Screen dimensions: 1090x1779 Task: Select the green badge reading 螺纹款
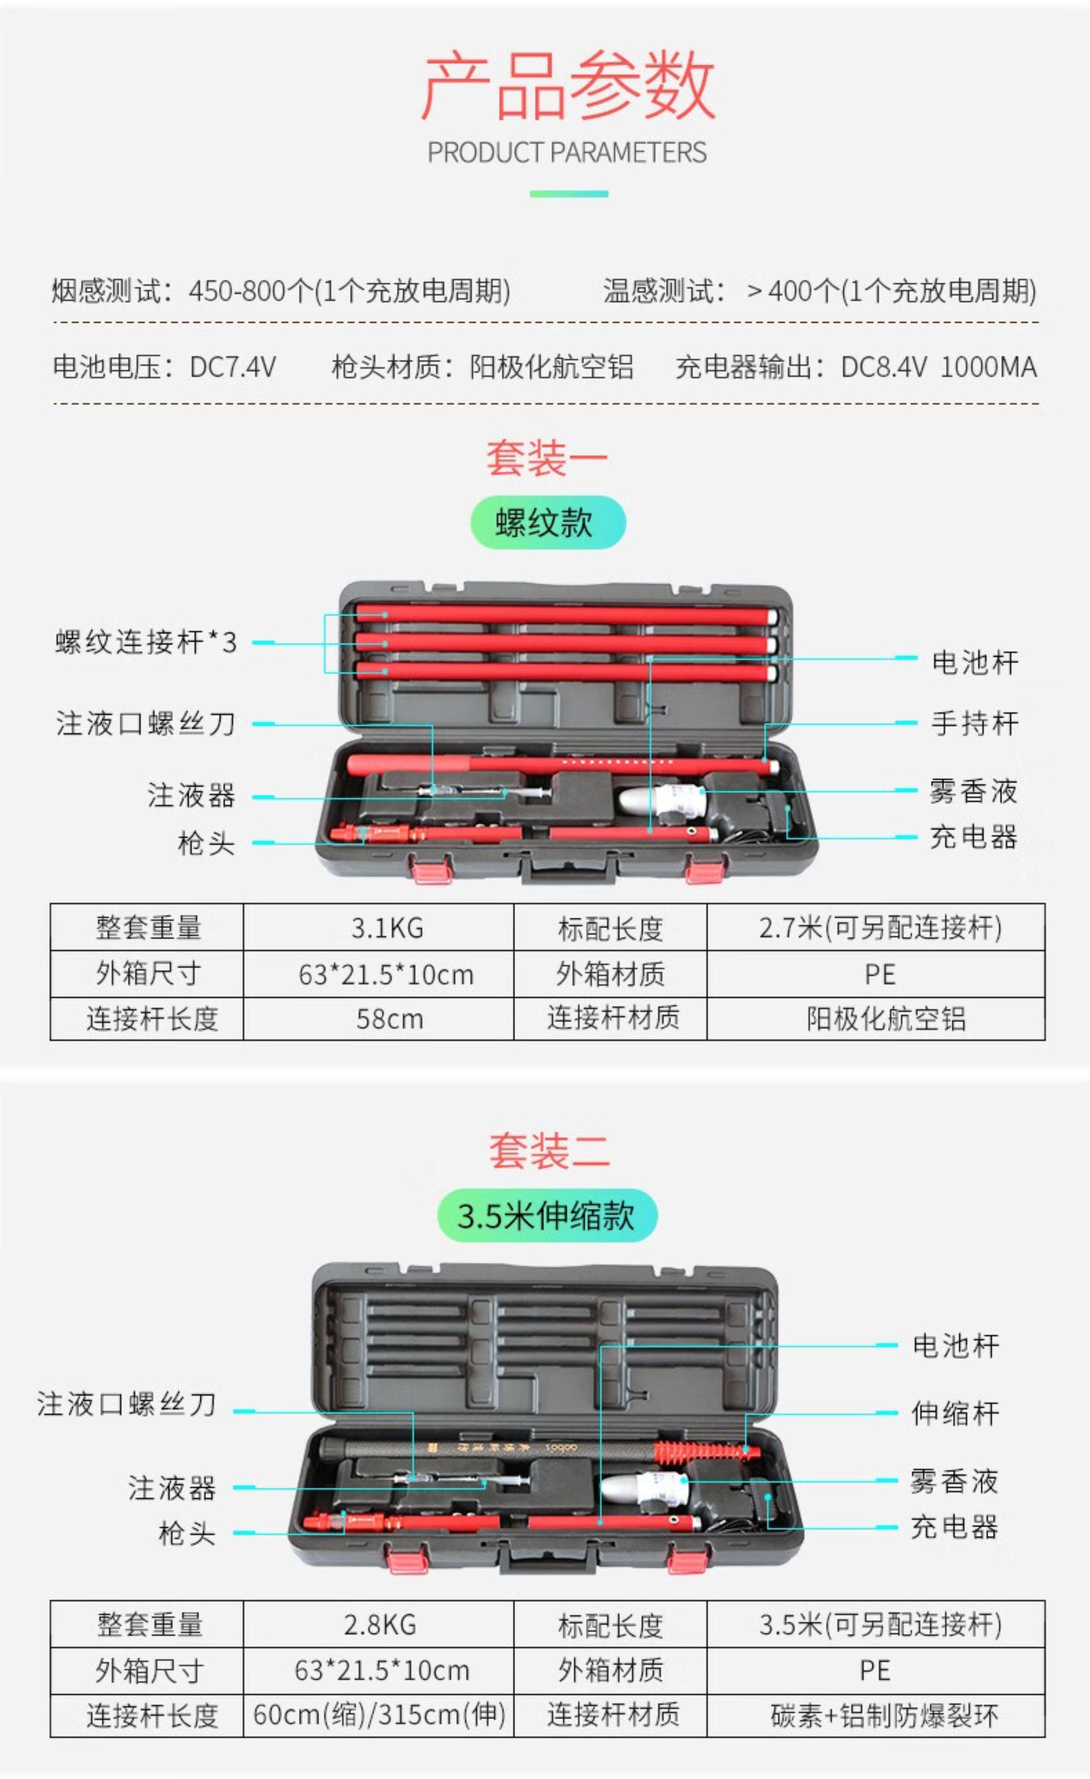tap(547, 522)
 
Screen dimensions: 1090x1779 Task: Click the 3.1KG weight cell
tap(387, 928)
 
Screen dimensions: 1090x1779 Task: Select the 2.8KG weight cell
tap(380, 1624)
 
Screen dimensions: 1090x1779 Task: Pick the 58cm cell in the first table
tap(389, 1019)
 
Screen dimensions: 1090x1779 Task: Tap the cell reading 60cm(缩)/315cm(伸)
tap(379, 1715)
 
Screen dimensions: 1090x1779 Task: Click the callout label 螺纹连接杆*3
tap(146, 642)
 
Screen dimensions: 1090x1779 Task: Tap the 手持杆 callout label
tap(974, 722)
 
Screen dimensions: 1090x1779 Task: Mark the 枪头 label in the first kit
tap(207, 842)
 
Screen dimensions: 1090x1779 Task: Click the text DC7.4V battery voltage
tap(233, 367)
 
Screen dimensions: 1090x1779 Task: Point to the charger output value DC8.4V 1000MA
tap(938, 367)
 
